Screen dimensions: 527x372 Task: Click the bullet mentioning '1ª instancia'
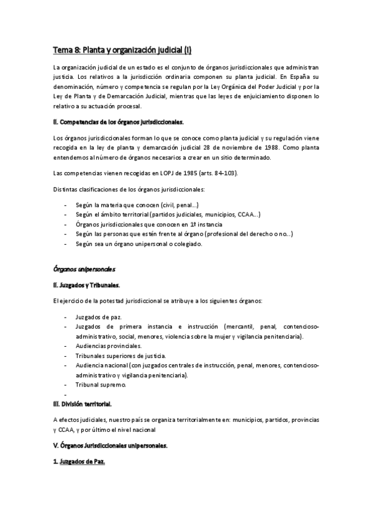[x=153, y=224]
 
